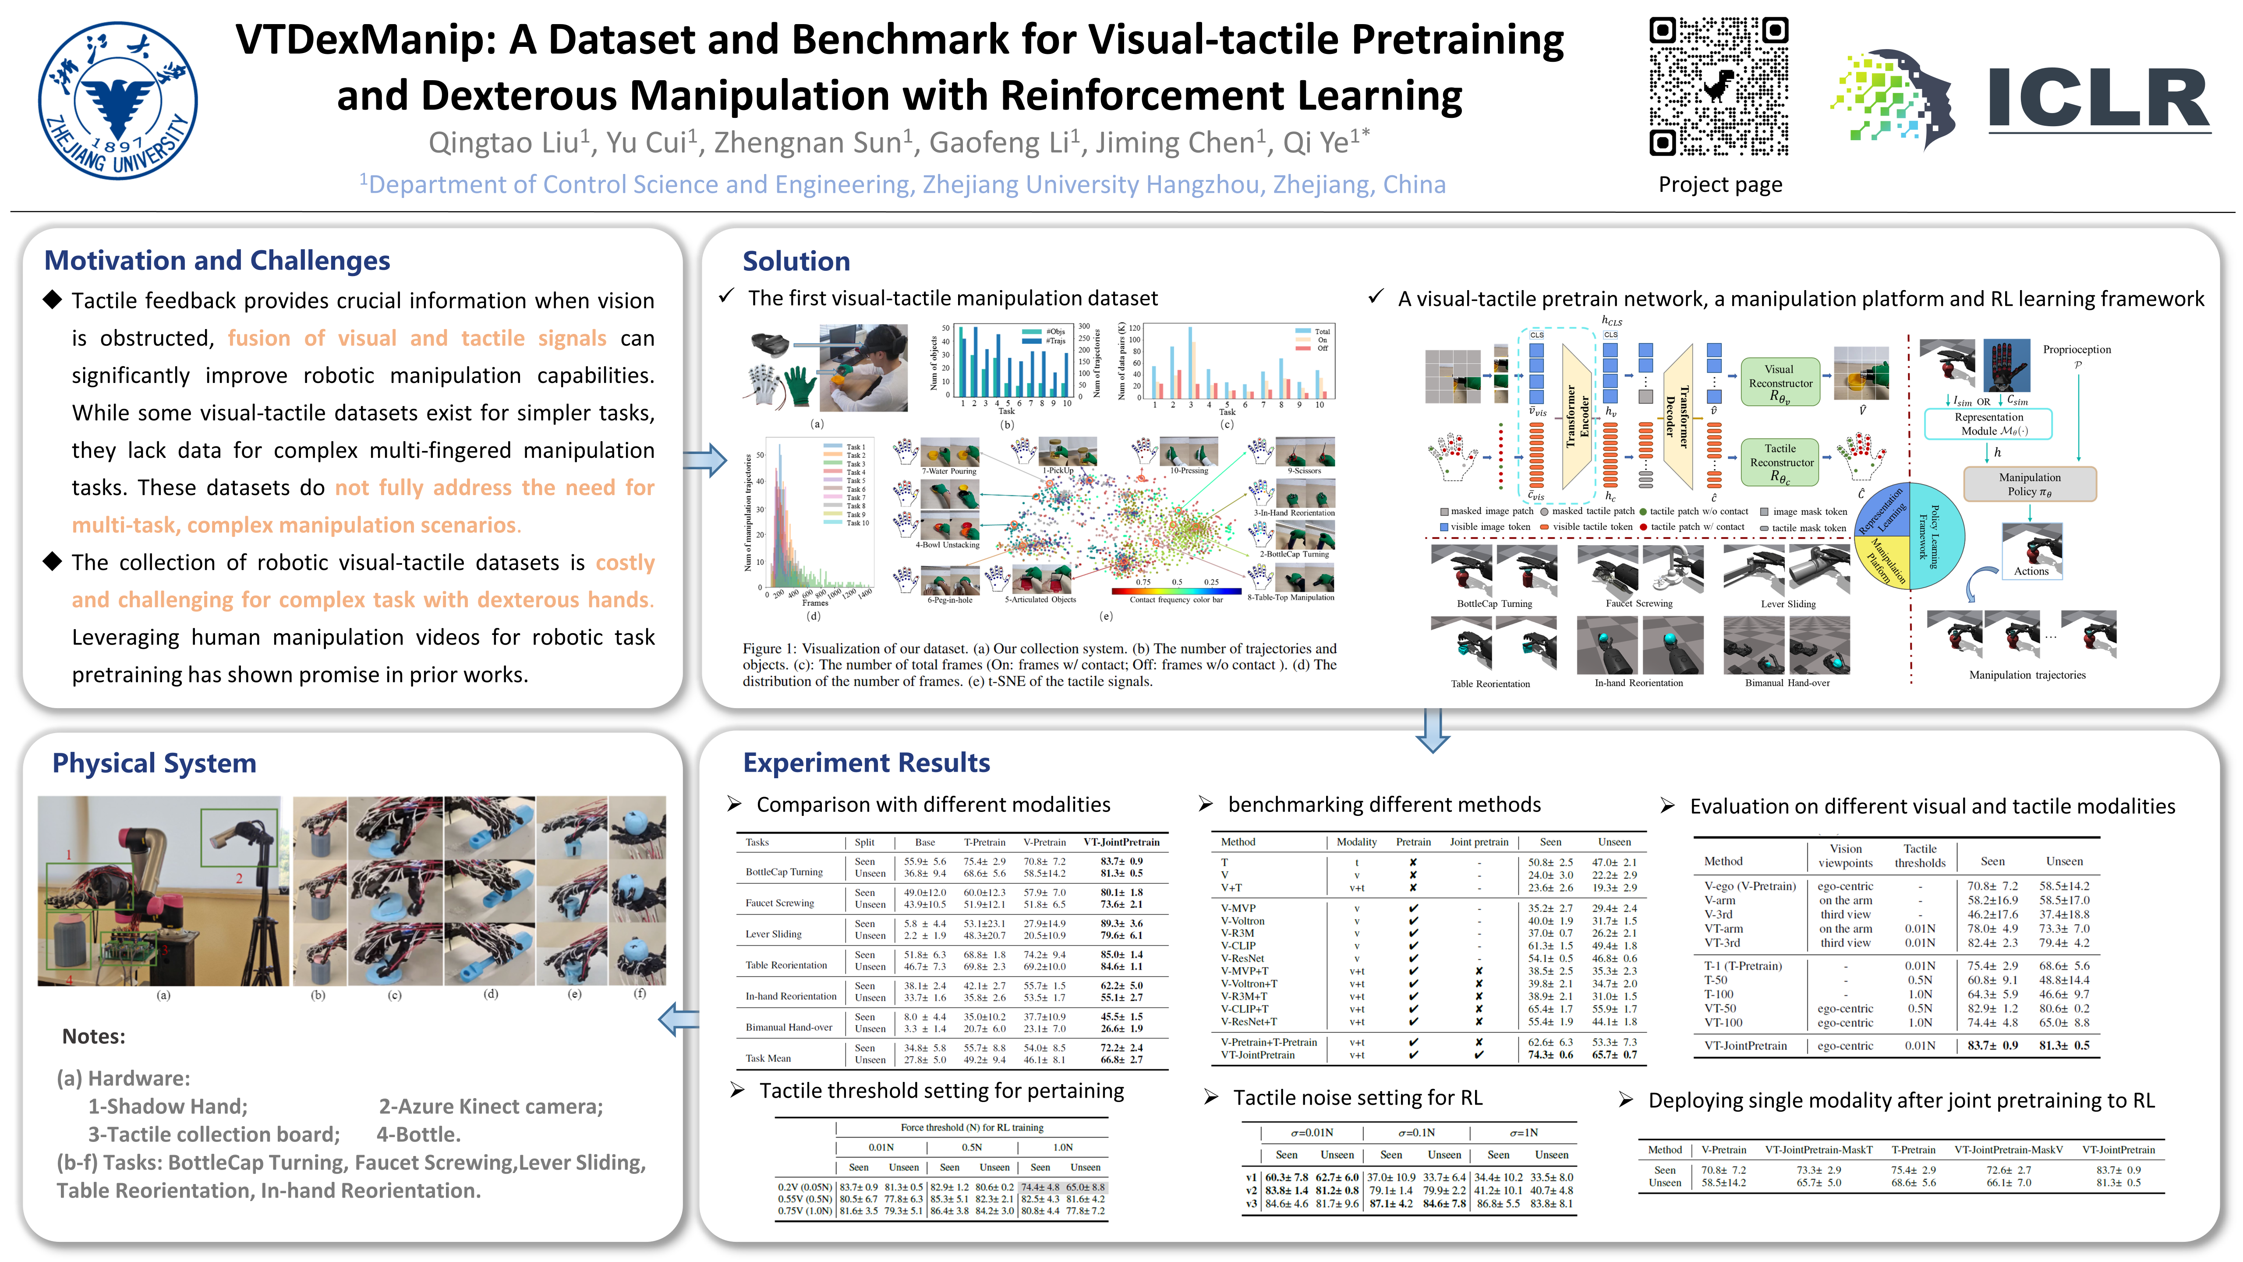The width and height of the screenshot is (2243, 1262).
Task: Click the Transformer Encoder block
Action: [1577, 416]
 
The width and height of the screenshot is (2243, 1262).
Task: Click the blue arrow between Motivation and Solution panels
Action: [704, 460]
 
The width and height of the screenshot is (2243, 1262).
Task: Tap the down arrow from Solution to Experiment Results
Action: [1433, 730]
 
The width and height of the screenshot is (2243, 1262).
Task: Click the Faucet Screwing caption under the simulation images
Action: [1639, 603]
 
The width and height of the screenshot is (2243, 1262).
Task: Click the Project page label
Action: [1719, 184]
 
